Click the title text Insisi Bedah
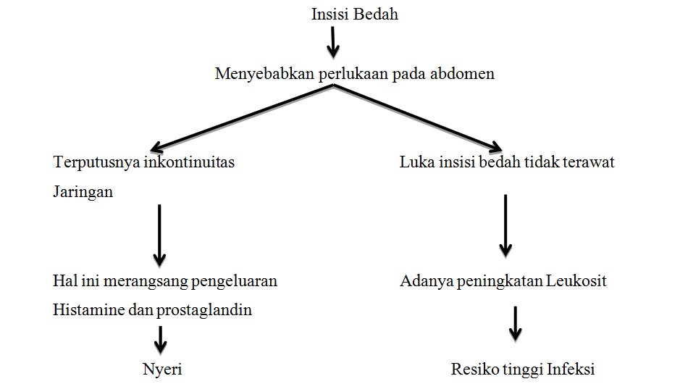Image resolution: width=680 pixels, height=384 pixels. click(x=355, y=14)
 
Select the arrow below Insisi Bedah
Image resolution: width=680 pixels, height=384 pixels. click(x=332, y=42)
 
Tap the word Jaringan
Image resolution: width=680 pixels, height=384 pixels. click(x=83, y=193)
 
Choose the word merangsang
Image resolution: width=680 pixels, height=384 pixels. click(x=144, y=281)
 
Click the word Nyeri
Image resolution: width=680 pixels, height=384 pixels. click(x=162, y=369)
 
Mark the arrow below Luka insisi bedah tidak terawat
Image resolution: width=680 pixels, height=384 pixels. click(x=505, y=225)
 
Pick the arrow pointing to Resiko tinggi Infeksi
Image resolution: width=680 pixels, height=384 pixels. click(x=515, y=323)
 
